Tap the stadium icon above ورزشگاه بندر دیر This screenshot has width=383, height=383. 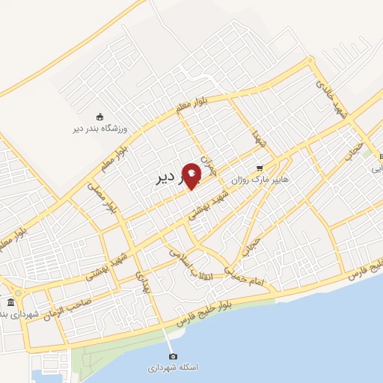(x=100, y=116)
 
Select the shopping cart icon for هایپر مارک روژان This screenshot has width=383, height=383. (x=259, y=168)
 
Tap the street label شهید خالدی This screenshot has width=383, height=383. (x=332, y=99)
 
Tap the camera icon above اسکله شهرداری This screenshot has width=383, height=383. (x=174, y=356)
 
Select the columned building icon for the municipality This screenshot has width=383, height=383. (x=10, y=301)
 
